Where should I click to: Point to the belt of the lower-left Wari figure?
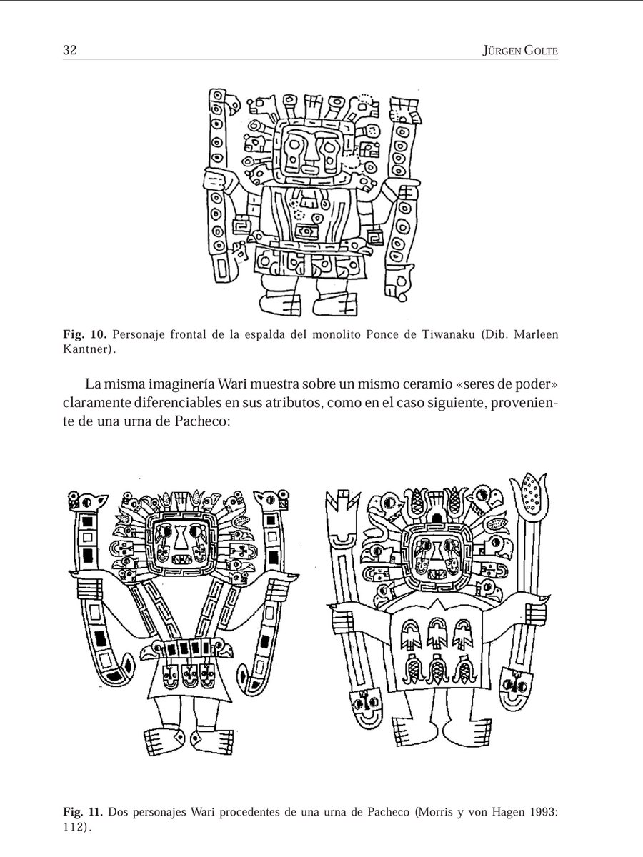coord(189,649)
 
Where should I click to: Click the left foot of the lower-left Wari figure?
coord(161,739)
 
